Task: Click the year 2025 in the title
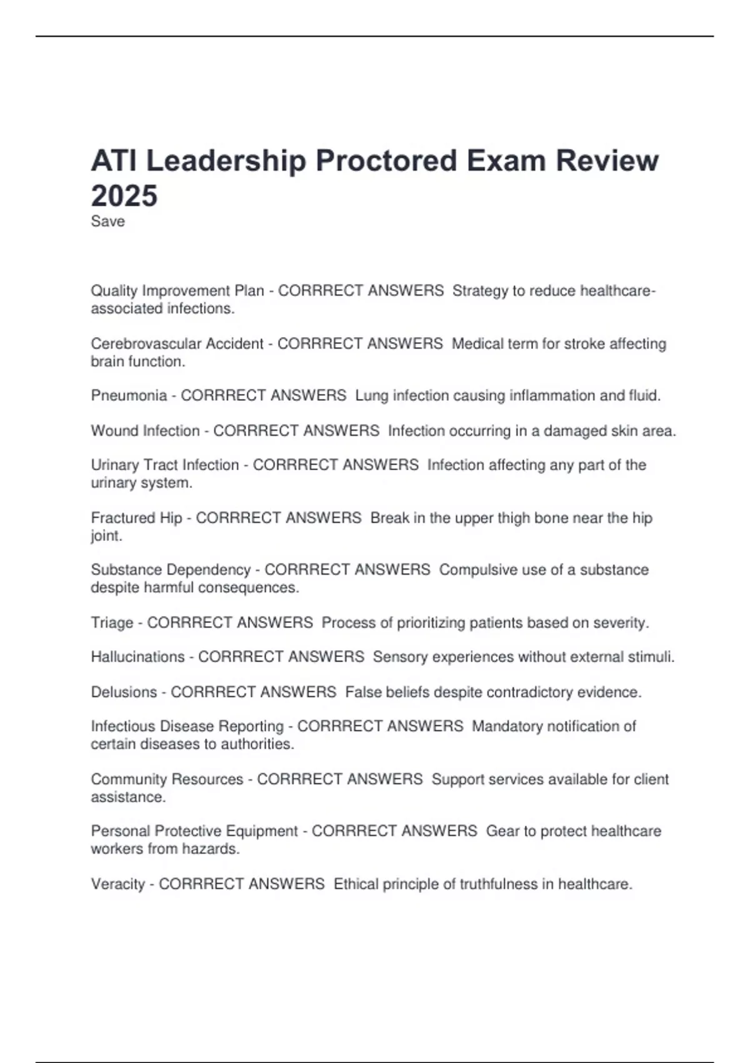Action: pos(124,196)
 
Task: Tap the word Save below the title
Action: pos(107,221)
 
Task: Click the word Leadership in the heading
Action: pos(226,161)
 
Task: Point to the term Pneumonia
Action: pos(129,396)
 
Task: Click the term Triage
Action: pos(112,623)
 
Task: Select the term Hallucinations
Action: pos(137,657)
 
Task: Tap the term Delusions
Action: pos(124,692)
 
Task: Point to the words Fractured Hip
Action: pos(136,518)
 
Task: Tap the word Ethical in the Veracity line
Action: pos(356,884)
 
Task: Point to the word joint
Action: pos(106,537)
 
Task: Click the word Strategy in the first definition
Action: pos(480,291)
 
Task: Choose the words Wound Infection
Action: pos(145,431)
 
